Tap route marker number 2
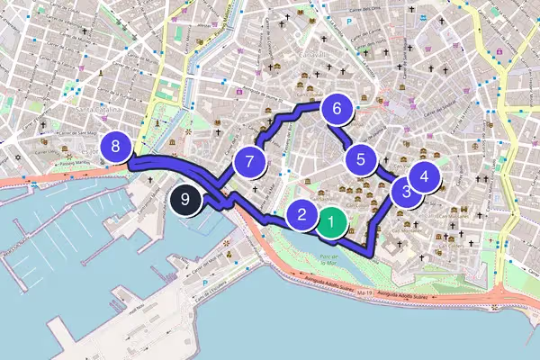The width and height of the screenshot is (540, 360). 302,215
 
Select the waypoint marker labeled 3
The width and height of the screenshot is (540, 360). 407,191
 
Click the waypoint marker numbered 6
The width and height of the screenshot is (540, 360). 337,110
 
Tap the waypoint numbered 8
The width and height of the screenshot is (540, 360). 117,146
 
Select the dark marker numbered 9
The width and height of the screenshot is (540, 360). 184,201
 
